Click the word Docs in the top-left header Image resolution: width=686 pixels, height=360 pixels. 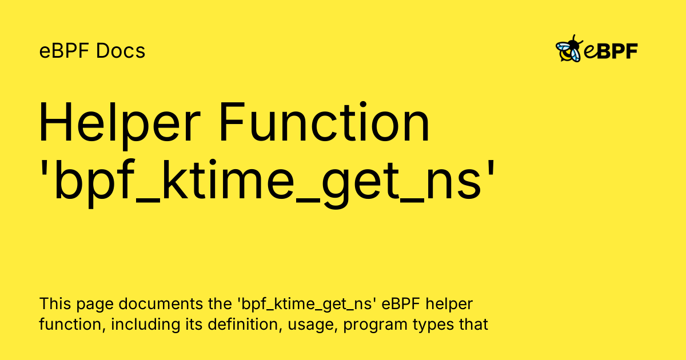(x=121, y=50)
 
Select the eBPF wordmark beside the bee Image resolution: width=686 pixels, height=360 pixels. (x=611, y=51)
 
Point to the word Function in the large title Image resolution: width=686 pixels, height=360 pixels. (x=325, y=122)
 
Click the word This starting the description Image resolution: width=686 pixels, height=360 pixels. (x=55, y=303)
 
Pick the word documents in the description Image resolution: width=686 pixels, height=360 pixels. (x=161, y=303)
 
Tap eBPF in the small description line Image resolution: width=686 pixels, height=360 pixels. (x=401, y=303)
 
